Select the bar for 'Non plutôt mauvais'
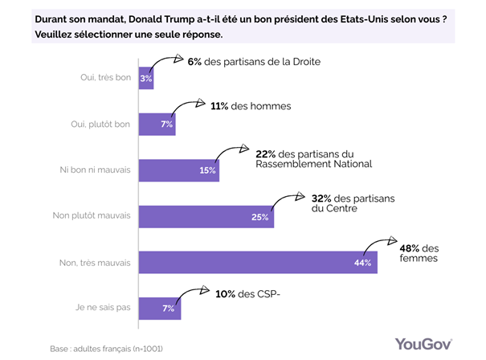point(206,217)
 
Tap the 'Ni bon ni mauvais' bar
point(179,170)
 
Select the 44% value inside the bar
point(362,264)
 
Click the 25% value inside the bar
point(259,217)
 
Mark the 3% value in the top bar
point(145,79)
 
